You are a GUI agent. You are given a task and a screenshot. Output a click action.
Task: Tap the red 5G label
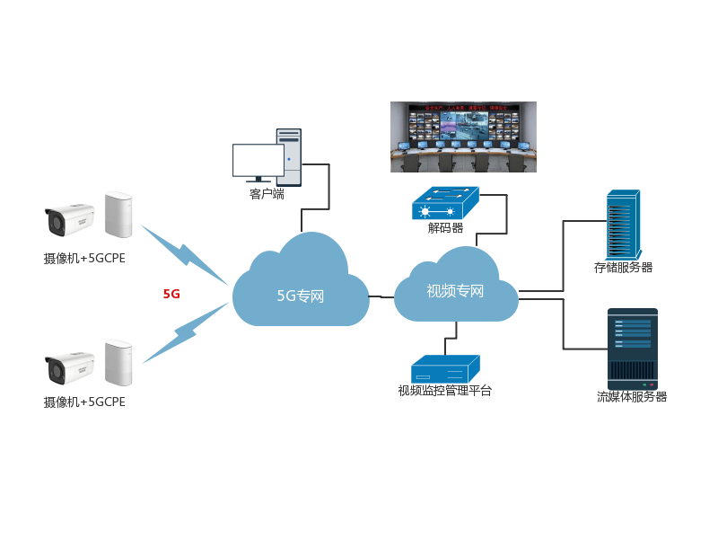[171, 294]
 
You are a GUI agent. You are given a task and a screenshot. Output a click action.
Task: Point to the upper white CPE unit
[118, 214]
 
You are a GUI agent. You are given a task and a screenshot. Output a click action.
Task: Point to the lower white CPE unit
[118, 363]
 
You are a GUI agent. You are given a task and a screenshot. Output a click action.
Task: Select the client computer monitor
[258, 162]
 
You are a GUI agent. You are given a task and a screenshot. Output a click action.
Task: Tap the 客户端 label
[267, 193]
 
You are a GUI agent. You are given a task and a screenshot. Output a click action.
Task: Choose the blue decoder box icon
[446, 204]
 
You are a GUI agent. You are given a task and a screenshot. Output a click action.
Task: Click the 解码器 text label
[445, 228]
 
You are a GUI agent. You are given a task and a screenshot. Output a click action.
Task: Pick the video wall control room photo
[463, 136]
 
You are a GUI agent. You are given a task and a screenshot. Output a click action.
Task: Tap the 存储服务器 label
[623, 267]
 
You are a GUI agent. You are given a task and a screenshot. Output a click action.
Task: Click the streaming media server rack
[633, 349]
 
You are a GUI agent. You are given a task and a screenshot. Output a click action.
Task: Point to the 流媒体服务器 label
[632, 396]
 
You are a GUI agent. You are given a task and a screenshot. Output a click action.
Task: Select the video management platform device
[445, 369]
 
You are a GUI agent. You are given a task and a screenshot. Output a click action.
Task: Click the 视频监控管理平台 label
[445, 391]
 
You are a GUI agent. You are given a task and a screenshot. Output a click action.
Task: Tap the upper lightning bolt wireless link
[184, 252]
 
